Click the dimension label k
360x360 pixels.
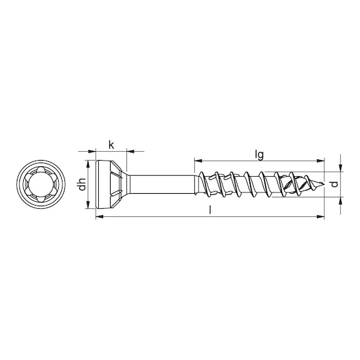click(111, 145)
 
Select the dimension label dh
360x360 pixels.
click(82, 184)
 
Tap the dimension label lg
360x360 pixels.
click(259, 155)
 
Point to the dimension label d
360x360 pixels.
click(335, 184)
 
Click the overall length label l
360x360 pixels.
click(210, 210)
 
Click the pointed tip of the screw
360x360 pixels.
click(324, 184)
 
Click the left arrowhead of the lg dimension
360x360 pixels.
click(198, 161)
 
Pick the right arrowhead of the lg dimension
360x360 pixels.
click(321, 161)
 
